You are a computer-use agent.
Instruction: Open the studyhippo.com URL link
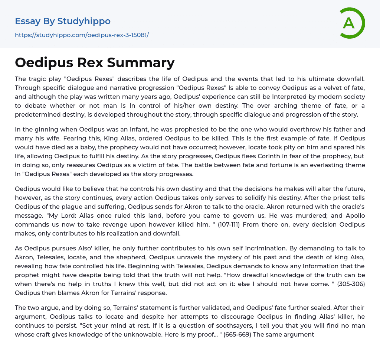tap(82, 35)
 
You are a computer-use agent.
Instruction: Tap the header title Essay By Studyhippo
tap(63, 21)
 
